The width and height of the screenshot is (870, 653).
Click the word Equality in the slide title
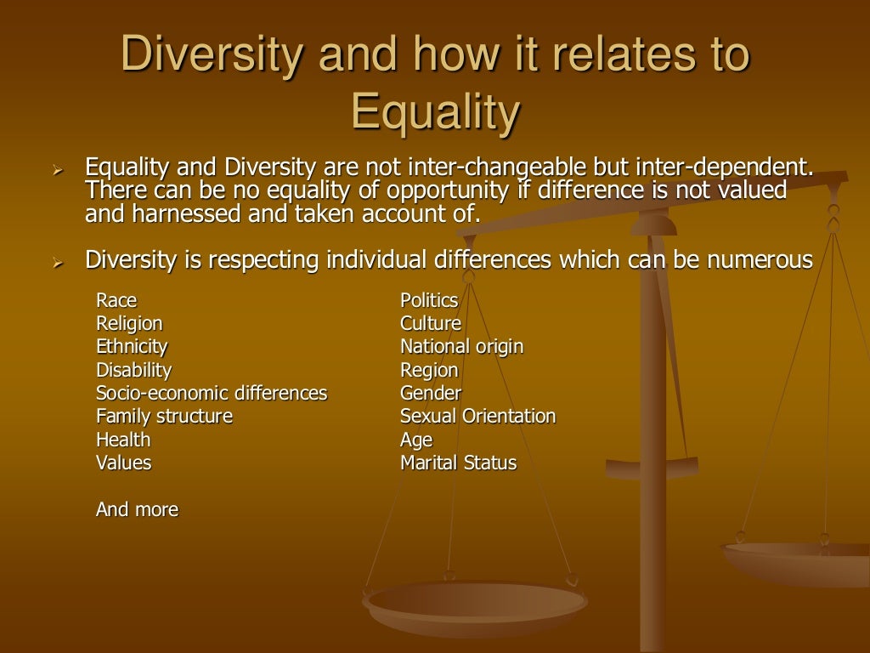(x=435, y=113)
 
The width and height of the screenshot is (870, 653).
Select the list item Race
(x=116, y=300)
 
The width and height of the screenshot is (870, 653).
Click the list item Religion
(x=129, y=323)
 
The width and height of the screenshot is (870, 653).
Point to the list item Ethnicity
(x=132, y=347)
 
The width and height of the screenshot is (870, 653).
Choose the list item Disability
(x=133, y=370)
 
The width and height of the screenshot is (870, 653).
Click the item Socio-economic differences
(x=212, y=393)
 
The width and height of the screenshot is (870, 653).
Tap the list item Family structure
(x=164, y=417)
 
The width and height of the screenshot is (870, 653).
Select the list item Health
(x=123, y=440)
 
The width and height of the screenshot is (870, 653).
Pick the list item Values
(x=123, y=463)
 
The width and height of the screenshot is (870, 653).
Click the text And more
(x=137, y=509)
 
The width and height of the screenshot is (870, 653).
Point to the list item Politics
(x=429, y=300)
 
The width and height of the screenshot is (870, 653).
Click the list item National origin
(x=461, y=347)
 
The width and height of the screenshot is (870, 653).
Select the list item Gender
(x=431, y=393)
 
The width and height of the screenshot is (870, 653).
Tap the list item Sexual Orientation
(x=477, y=417)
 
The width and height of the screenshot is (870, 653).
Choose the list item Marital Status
(x=458, y=463)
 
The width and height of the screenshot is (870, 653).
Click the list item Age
(x=416, y=440)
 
